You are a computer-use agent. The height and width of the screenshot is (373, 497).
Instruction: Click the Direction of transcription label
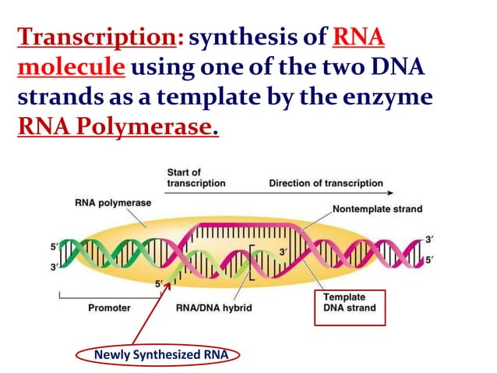click(x=326, y=183)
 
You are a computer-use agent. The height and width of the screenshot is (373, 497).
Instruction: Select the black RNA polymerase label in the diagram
click(x=113, y=203)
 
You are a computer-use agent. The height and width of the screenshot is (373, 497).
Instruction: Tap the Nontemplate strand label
click(x=377, y=209)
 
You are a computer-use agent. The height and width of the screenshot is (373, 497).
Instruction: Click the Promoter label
click(x=109, y=307)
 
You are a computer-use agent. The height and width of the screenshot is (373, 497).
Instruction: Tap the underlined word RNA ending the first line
click(x=359, y=37)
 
